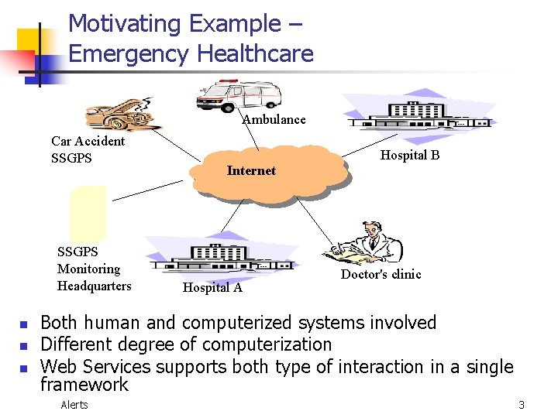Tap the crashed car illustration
[x=119, y=114]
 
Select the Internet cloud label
[x=251, y=170]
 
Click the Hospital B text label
[x=410, y=155]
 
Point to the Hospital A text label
[x=212, y=288]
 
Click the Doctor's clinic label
[x=381, y=274]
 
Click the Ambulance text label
[x=274, y=119]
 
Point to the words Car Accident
[x=88, y=141]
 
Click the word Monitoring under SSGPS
[x=88, y=269]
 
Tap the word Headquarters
[x=95, y=286]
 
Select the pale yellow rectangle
[x=88, y=213]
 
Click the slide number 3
[x=522, y=405]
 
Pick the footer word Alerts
[x=74, y=405]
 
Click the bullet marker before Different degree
[x=23, y=345]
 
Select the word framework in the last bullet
[x=84, y=384]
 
